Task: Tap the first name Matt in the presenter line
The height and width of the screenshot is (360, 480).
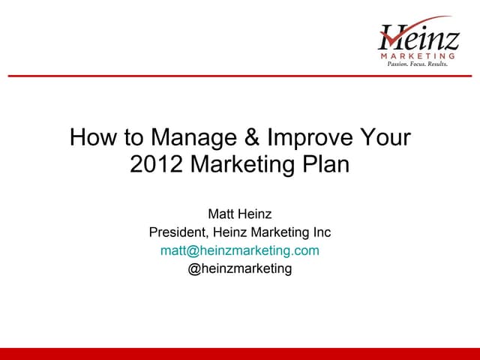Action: coord(222,214)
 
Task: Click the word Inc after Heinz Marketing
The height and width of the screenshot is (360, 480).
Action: coord(320,232)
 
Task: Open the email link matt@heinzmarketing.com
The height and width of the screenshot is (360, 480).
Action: coord(240,250)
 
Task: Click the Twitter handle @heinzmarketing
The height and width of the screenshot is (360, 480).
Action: coord(240,268)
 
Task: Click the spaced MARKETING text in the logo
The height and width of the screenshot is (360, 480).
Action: coord(418,56)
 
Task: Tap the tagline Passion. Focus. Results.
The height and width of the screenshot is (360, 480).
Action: coord(417,65)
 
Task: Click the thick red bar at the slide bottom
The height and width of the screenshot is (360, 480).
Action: coord(240,354)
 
